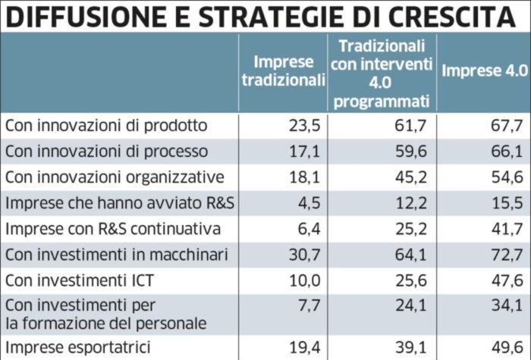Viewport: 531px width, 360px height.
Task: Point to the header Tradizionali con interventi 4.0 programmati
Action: pyautogui.click(x=381, y=72)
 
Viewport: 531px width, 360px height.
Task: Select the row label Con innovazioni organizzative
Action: pyautogui.click(x=115, y=177)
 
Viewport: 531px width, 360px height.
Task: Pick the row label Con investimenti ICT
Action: pyautogui.click(x=80, y=280)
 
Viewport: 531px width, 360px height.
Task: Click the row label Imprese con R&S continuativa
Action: pyautogui.click(x=112, y=228)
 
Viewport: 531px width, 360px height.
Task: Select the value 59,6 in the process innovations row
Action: pyautogui.click(x=413, y=151)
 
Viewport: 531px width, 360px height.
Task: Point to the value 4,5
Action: pyautogui.click(x=312, y=202)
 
